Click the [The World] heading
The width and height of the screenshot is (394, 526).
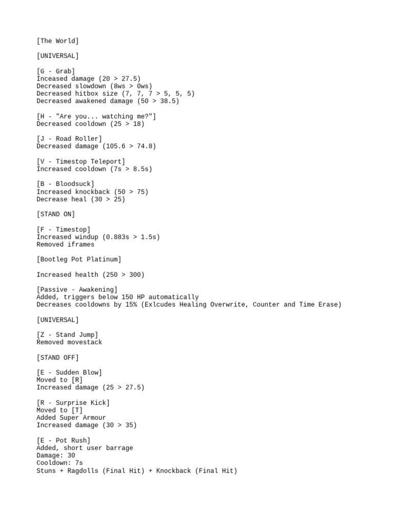pos(57,41)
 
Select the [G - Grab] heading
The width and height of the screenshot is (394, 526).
pos(55,71)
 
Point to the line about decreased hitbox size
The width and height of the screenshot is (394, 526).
pos(115,93)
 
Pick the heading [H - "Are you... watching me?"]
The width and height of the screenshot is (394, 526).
pos(96,116)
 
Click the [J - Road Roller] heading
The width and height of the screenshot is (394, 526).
pos(69,139)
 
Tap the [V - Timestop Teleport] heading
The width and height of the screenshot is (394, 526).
pos(81,161)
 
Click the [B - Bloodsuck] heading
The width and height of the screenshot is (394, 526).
pos(65,184)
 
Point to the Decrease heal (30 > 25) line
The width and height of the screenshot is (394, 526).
pos(81,199)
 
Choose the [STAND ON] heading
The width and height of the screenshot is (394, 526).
pos(55,214)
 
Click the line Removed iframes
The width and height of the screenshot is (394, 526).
pos(65,245)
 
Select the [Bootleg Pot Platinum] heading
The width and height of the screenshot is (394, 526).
pos(78,259)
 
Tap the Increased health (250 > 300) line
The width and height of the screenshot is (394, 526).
pos(90,275)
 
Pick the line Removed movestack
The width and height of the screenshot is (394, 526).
pos(69,342)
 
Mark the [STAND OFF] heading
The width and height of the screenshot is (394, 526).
pos(57,358)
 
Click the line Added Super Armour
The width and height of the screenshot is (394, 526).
pos(71,418)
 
